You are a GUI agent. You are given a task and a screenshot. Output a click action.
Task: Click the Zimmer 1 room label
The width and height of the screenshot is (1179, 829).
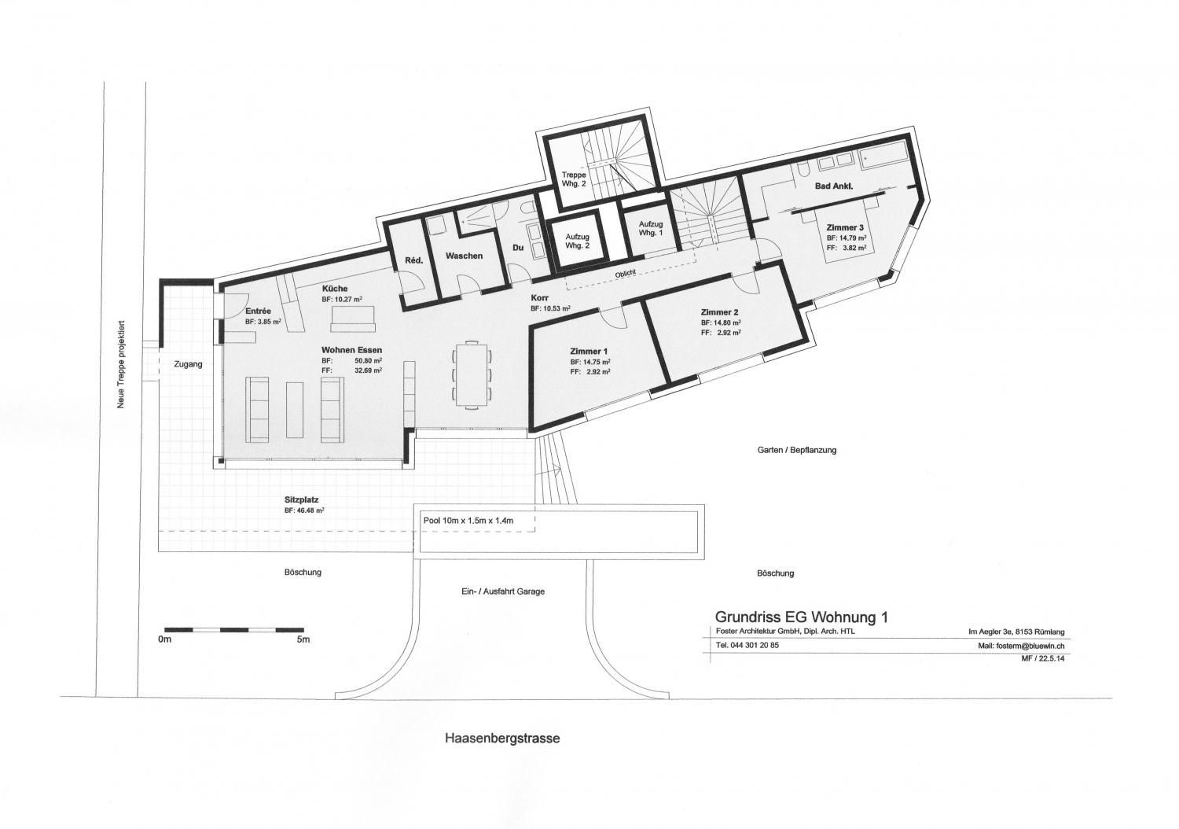coord(590,351)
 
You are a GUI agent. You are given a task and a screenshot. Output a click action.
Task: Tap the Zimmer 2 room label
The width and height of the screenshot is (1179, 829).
coord(719,311)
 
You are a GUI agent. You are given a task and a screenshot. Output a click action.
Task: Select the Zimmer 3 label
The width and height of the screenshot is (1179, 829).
coord(845,227)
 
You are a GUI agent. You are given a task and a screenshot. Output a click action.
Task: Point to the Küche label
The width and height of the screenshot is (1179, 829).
coord(334,289)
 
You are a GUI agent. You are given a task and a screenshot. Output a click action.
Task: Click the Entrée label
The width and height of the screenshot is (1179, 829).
coord(258,311)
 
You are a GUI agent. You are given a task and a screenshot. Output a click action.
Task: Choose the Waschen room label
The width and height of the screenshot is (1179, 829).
coord(464,256)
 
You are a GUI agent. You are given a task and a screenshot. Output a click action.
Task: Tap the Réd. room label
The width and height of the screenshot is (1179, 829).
coord(414,260)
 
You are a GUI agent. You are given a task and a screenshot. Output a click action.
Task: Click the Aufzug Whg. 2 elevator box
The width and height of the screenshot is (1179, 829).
coord(578,240)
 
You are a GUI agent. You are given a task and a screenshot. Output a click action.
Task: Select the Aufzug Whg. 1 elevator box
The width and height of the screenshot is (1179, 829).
coord(651,228)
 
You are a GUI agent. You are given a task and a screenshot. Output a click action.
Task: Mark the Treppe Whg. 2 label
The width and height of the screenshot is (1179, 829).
coord(573,179)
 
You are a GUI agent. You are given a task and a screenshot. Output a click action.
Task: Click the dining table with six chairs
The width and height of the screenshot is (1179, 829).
coord(471,374)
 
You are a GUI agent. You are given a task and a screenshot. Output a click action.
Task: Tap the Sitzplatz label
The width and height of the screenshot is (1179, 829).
coord(301,499)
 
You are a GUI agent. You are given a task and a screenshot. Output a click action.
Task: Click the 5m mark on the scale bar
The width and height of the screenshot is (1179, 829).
coord(303,640)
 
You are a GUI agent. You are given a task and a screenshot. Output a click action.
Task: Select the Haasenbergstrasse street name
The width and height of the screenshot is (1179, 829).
coord(502,739)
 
